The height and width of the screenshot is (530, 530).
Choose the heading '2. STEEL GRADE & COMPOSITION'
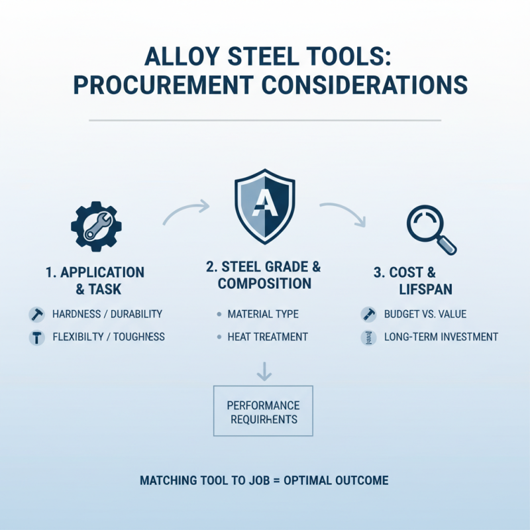(264, 276)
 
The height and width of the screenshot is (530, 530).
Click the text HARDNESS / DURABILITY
(106, 314)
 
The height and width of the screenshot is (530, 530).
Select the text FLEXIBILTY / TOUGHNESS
(108, 337)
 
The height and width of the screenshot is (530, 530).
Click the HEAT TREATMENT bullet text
(267, 337)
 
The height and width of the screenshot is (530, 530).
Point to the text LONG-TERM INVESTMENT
(441, 337)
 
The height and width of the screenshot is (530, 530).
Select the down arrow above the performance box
(264, 372)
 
